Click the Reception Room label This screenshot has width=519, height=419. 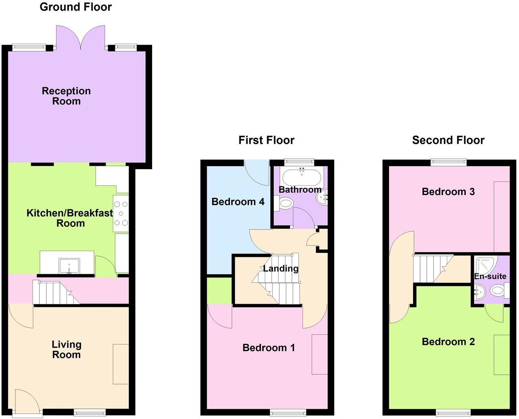[66, 96]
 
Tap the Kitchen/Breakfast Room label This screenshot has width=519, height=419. [70, 218]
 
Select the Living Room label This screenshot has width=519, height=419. [66, 349]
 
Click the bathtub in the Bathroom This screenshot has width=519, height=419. [302, 177]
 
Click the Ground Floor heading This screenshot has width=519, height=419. [76, 7]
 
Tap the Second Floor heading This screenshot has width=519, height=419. [448, 140]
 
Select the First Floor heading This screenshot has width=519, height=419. [266, 140]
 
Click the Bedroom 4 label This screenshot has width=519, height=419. [238, 202]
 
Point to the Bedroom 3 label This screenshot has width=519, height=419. [448, 191]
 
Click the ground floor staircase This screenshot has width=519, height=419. [55, 292]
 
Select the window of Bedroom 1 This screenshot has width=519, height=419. [287, 413]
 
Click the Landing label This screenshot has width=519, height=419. [281, 268]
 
